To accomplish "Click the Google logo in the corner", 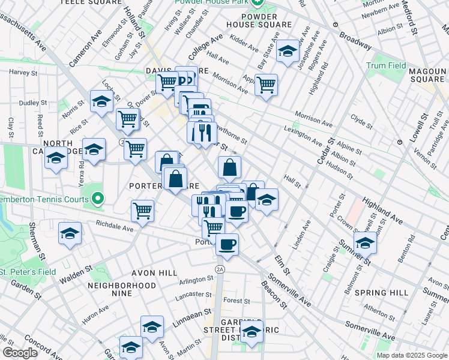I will click(x=20, y=353).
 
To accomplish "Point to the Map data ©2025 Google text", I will click(x=411, y=355).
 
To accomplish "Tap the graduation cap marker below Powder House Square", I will click(x=288, y=52).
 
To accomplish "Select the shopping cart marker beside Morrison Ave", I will click(x=266, y=84).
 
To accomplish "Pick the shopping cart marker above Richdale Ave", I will click(x=143, y=210).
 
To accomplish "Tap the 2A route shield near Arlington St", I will click(x=220, y=269).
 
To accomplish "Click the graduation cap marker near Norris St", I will click(x=101, y=101).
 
